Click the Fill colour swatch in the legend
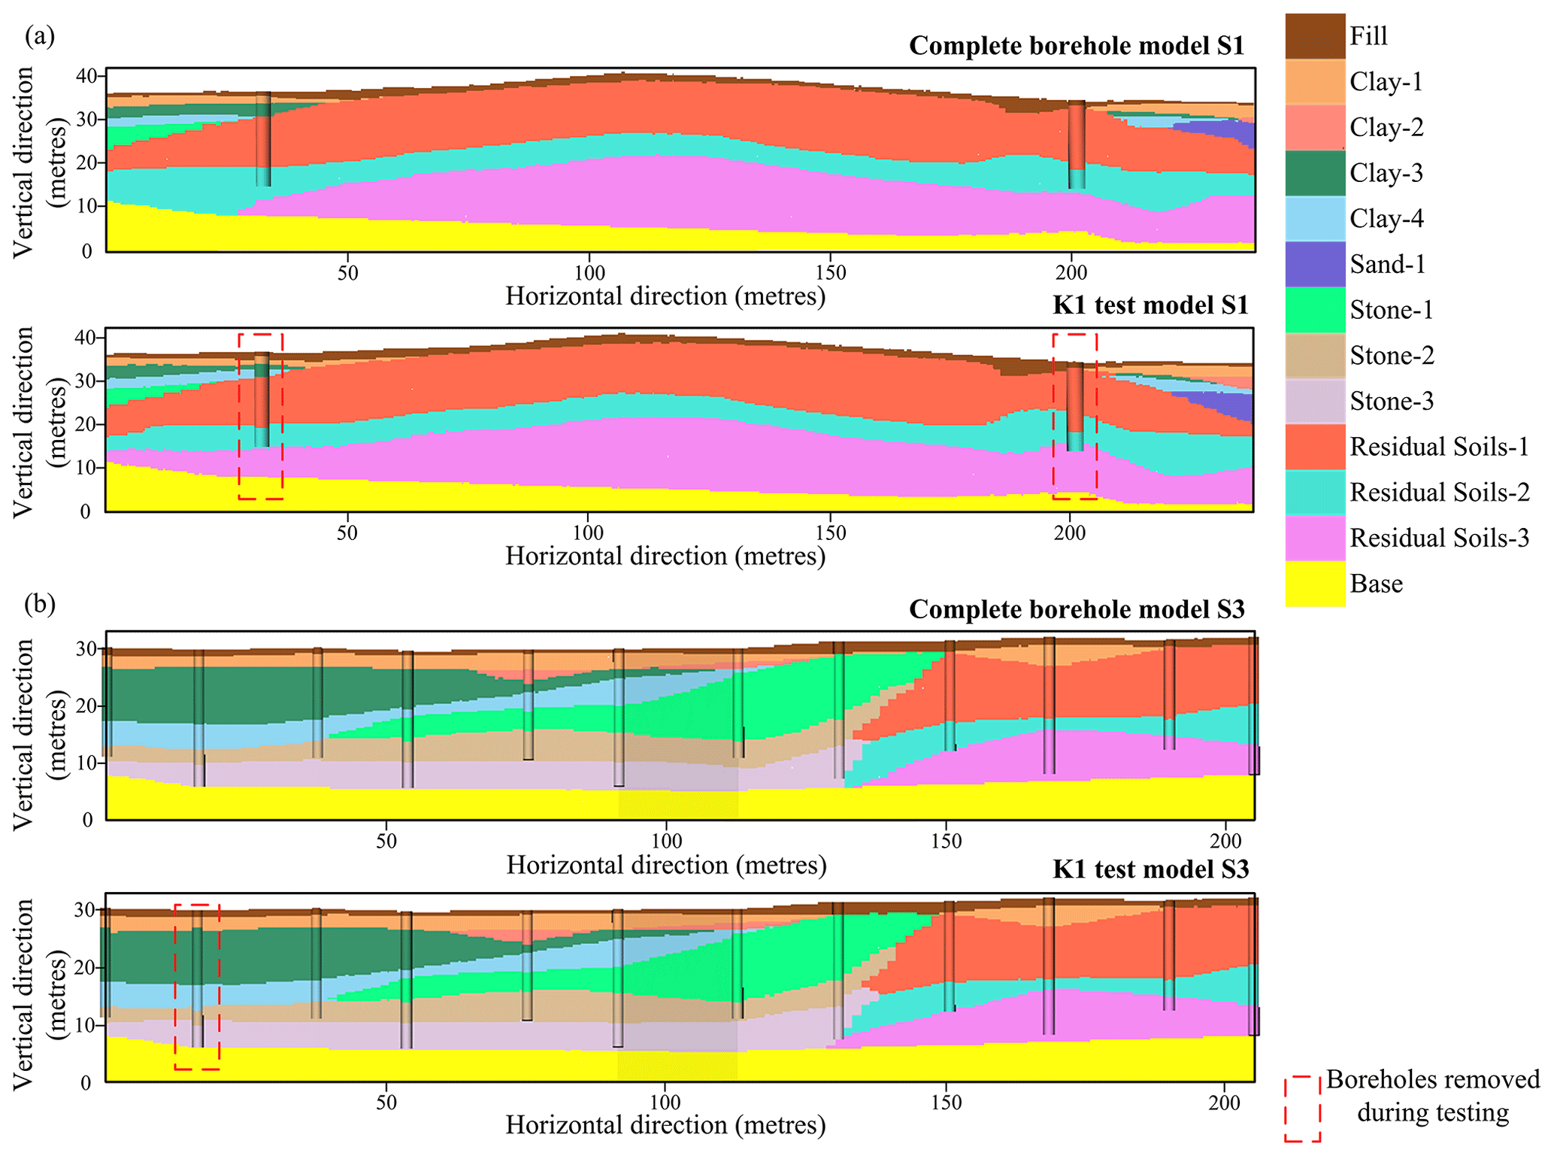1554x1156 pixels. click(x=1314, y=36)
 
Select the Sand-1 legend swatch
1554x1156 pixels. click(x=1314, y=264)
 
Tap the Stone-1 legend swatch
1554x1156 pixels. click(x=1314, y=310)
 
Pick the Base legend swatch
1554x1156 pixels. click(x=1314, y=584)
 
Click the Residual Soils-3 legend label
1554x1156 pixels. click(x=1439, y=538)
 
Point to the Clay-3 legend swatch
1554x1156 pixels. click(x=1314, y=173)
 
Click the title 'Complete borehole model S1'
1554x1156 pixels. click(x=1077, y=46)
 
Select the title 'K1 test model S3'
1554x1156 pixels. click(x=1150, y=869)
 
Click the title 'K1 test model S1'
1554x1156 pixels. click(x=1150, y=305)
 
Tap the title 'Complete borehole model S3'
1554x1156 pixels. click(x=1077, y=609)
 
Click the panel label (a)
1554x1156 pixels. click(x=40, y=36)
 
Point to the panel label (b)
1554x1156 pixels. click(x=40, y=604)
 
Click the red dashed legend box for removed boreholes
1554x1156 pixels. click(x=1302, y=1109)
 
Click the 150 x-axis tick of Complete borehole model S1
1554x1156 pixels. click(x=830, y=272)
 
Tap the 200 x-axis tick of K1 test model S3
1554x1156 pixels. click(x=1224, y=1103)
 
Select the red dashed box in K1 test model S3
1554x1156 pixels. click(x=197, y=987)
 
